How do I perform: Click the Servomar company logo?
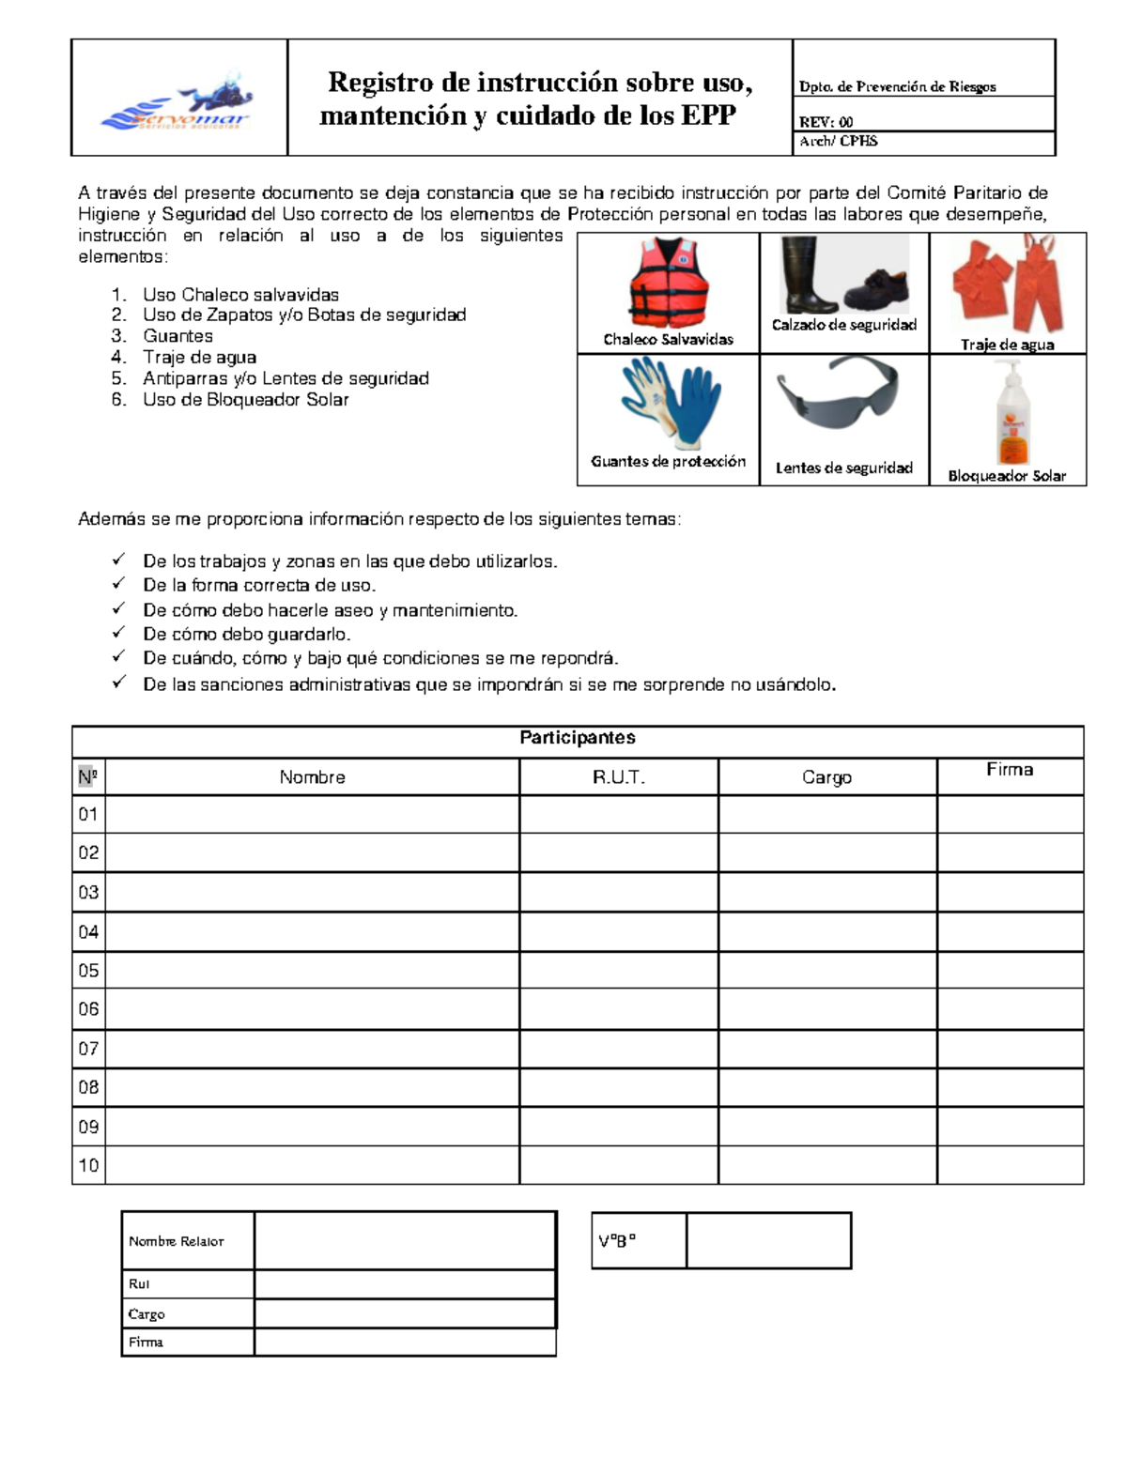pyautogui.click(x=178, y=101)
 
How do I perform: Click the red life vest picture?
pyautogui.click(x=668, y=282)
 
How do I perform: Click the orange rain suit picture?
pyautogui.click(x=1008, y=283)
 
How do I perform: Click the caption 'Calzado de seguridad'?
pyautogui.click(x=843, y=325)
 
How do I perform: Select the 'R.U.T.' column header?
pyautogui.click(x=618, y=777)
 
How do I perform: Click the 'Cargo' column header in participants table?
pyautogui.click(x=826, y=777)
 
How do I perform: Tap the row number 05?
pyautogui.click(x=88, y=971)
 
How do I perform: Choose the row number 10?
pyautogui.click(x=88, y=1165)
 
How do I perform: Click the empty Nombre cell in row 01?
pyautogui.click(x=312, y=814)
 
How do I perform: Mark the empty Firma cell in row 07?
pyautogui.click(x=1010, y=1049)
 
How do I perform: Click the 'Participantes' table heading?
pyautogui.click(x=577, y=738)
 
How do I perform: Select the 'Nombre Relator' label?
pyautogui.click(x=177, y=1241)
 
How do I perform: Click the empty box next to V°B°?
pyautogui.click(x=768, y=1240)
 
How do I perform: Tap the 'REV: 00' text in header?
pyautogui.click(x=826, y=121)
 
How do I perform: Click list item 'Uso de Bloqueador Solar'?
pyautogui.click(x=246, y=400)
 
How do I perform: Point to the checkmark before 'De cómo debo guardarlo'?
pyautogui.click(x=119, y=633)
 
